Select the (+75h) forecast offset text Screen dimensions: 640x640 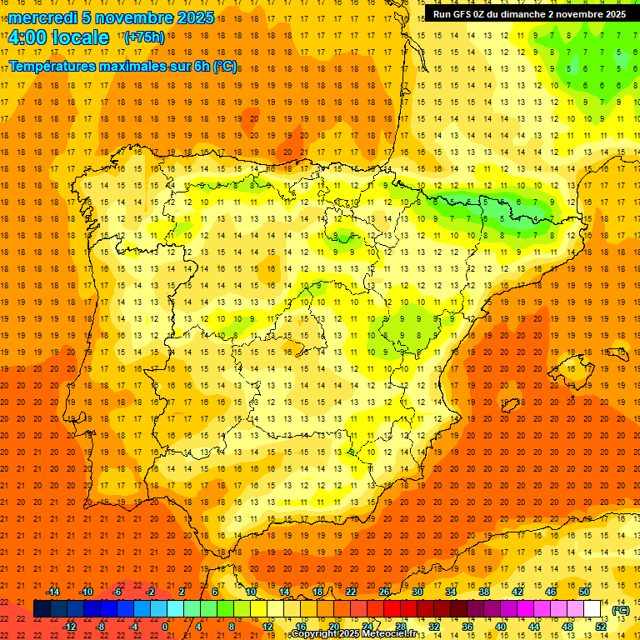(144, 37)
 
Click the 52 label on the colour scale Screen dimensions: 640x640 (601, 627)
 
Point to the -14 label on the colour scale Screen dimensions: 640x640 (52, 592)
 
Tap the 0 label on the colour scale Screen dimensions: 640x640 (165, 627)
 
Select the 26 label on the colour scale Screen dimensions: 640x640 (384, 592)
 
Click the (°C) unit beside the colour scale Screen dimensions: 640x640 (620, 610)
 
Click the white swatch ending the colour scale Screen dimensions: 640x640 (592, 609)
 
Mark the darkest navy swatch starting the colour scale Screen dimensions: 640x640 (42, 609)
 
